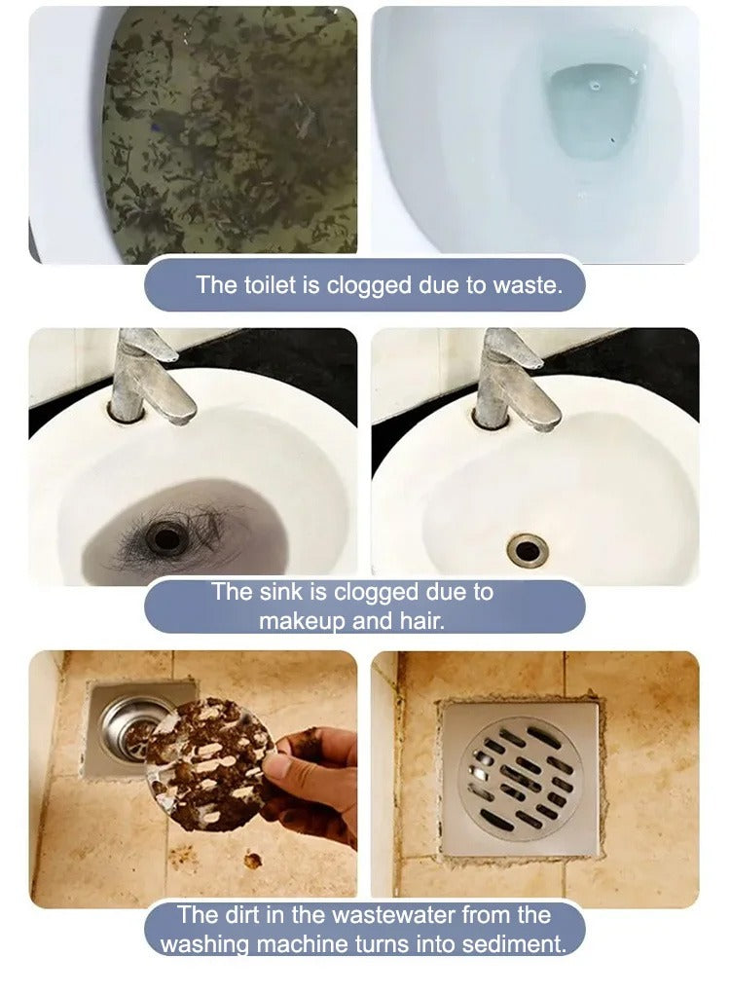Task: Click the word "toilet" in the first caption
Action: pyautogui.click(x=271, y=285)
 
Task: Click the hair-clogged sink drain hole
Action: pyautogui.click(x=165, y=538)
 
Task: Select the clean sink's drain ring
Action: pyautogui.click(x=527, y=550)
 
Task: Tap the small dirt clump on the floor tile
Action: pyautogui.click(x=253, y=860)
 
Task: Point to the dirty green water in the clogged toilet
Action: pyautogui.click(x=229, y=134)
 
